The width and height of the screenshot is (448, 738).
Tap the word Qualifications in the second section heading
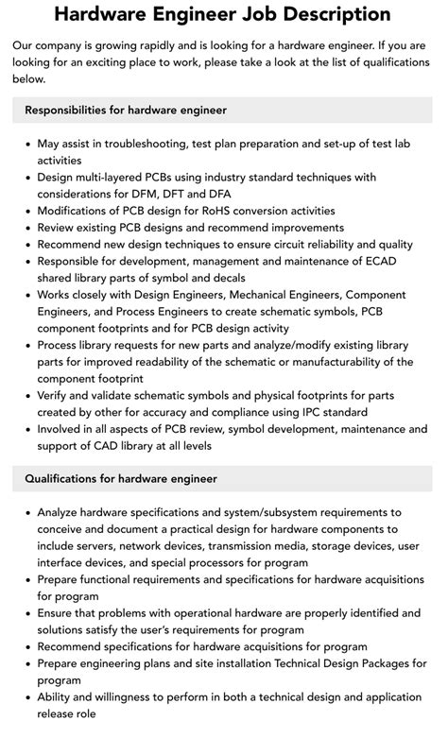click(x=65, y=479)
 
